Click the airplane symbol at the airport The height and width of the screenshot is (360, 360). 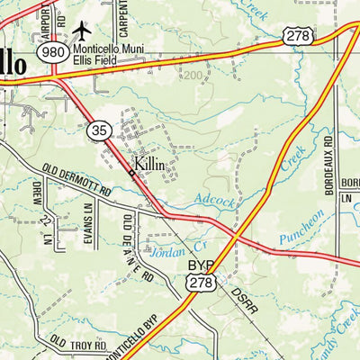[x=84, y=31]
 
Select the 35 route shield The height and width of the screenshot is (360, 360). [x=99, y=132]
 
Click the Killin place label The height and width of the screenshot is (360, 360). [x=151, y=165]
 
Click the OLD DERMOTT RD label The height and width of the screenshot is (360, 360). [x=76, y=180]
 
